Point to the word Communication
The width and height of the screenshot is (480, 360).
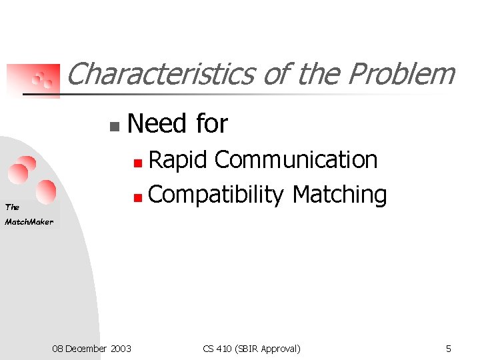(x=296, y=160)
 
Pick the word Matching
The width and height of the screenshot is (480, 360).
(x=339, y=195)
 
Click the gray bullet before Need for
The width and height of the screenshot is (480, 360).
(x=114, y=125)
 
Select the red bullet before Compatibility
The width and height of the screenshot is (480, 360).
(x=137, y=197)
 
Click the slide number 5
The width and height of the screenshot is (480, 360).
(x=448, y=348)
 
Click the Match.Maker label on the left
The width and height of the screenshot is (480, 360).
(x=29, y=222)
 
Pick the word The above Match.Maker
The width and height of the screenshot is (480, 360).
(x=12, y=207)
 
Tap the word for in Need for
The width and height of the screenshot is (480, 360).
(x=212, y=124)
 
